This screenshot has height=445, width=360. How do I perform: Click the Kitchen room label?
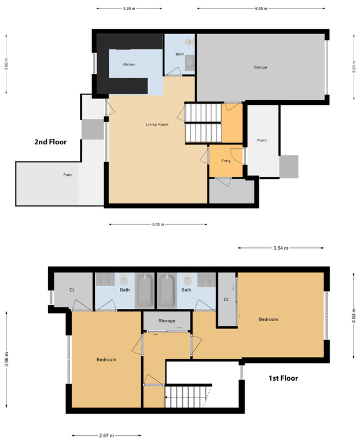128,64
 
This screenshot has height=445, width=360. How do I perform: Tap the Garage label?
260,67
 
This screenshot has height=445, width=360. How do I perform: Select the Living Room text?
157,124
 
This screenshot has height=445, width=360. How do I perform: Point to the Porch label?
262,140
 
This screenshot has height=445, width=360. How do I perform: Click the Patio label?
68,174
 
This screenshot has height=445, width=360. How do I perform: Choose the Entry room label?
226,161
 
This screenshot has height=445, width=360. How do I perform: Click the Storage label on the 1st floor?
167,320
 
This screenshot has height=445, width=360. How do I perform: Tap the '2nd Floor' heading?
50,141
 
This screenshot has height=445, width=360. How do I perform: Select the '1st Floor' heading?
282,378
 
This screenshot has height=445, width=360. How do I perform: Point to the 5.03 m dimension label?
158,224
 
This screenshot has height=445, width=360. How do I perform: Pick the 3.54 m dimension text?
281,247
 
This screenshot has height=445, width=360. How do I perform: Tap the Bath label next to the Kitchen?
179,54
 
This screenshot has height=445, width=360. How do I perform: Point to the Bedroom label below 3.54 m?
268,319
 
